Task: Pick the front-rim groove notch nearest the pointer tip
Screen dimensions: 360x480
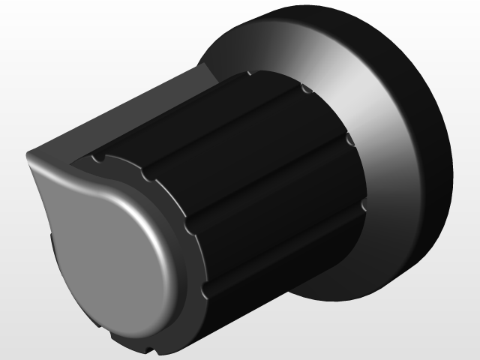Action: pyautogui.click(x=98, y=159)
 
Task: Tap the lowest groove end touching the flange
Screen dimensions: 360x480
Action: pyautogui.click(x=363, y=204)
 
